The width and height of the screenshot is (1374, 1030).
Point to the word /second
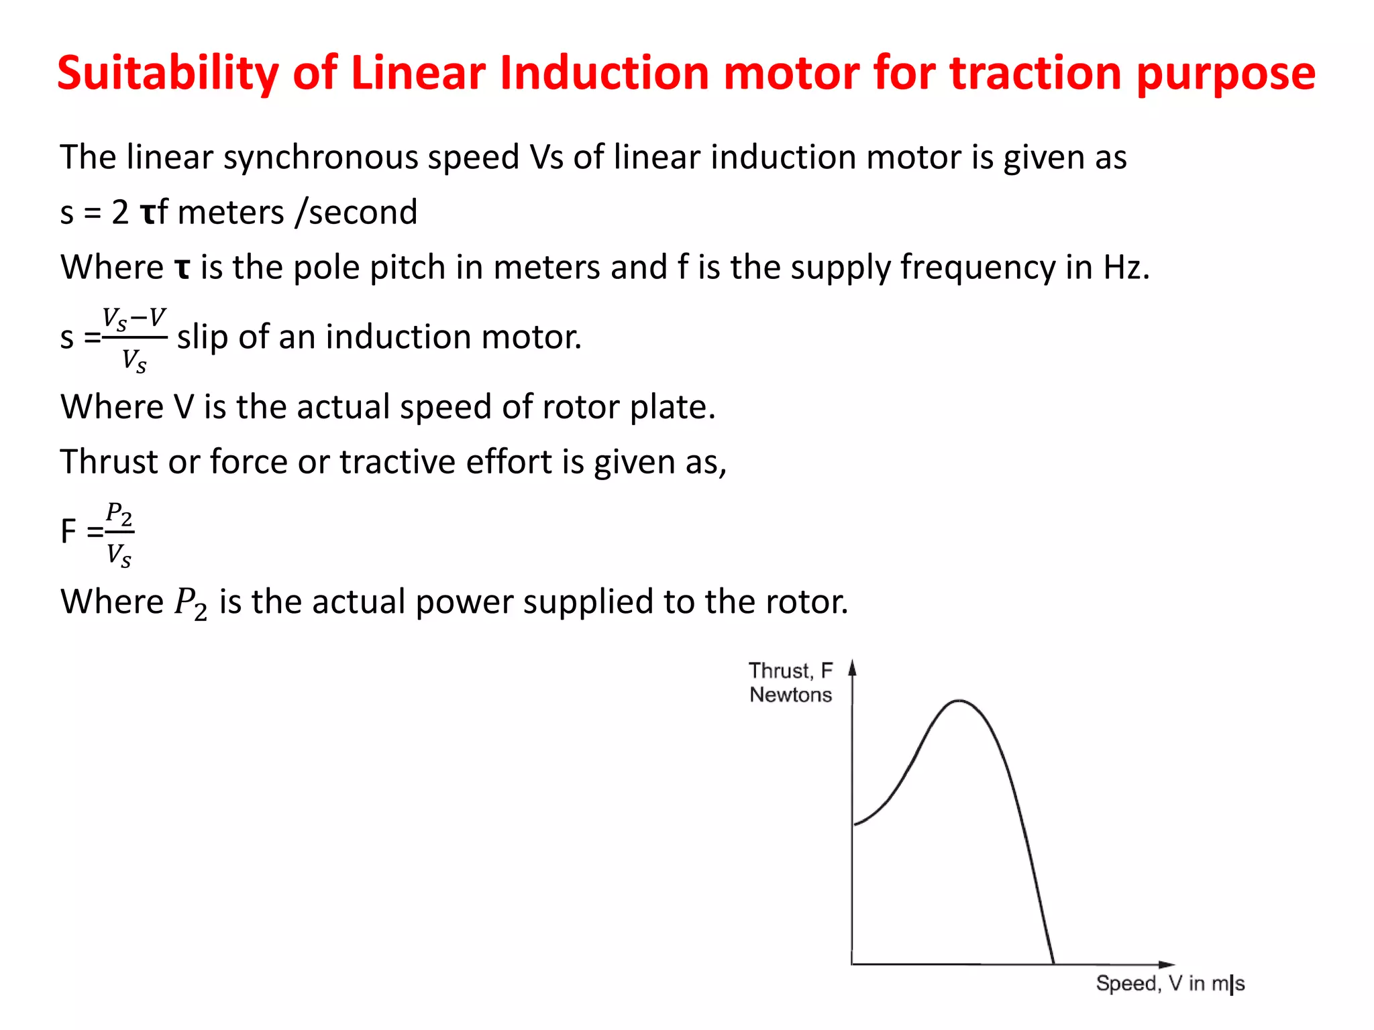(x=356, y=213)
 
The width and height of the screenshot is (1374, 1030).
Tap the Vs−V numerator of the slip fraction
(x=134, y=318)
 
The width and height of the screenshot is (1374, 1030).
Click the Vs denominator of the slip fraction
(x=134, y=361)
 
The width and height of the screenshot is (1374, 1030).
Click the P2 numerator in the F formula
(x=119, y=514)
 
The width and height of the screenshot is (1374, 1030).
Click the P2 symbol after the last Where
(x=191, y=602)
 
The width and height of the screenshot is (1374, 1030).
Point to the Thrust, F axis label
(x=790, y=671)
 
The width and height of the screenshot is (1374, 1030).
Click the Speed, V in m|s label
(x=1170, y=984)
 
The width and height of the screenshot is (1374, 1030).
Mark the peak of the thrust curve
(x=959, y=701)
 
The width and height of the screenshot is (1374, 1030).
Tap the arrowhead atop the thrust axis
(x=853, y=667)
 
